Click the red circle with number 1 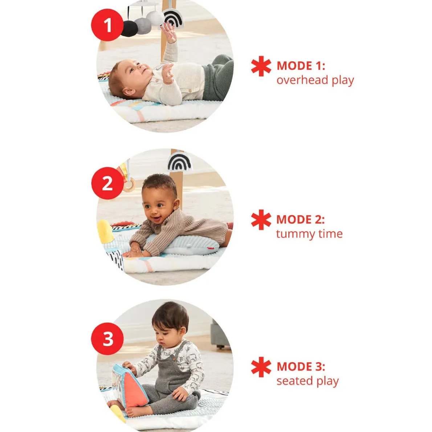[x=107, y=25]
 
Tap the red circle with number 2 [x=107, y=183]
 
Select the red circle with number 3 [x=107, y=339]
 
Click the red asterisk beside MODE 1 [x=261, y=66]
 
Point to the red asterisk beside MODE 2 [x=261, y=220]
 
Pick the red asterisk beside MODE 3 [x=261, y=367]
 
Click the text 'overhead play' [x=315, y=81]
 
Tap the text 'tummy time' [x=309, y=234]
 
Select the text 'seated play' [x=307, y=381]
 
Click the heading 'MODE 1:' [x=301, y=66]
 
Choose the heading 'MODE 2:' [x=301, y=220]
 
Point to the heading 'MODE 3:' [x=301, y=367]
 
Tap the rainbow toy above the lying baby [x=173, y=18]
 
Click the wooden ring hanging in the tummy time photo [x=129, y=184]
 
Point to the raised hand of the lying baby [x=168, y=32]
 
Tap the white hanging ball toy [x=155, y=18]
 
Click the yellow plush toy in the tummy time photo [x=105, y=232]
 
